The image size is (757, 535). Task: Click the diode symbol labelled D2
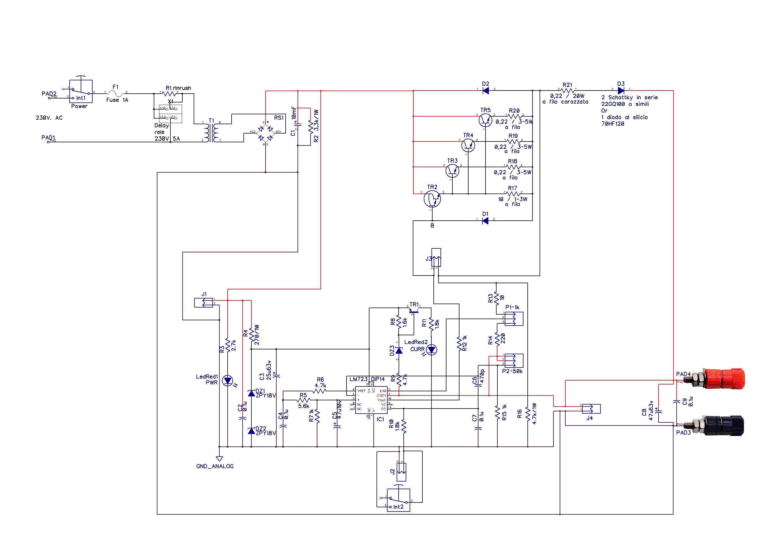coord(486,91)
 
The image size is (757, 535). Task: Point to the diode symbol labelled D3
coord(621,91)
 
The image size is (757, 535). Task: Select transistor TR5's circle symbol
coord(485,120)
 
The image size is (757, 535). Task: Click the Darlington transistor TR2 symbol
coord(432,199)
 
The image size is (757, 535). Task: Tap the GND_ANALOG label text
coord(215,466)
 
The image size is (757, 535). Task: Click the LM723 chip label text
coord(358,379)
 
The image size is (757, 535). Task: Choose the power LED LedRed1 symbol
coord(228,381)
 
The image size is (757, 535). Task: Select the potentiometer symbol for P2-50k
coord(513,360)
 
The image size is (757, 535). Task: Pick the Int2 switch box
coord(398,500)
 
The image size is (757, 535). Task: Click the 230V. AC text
coord(49,118)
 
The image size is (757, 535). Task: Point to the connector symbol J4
coord(591,409)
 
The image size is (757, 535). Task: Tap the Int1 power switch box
coord(81,91)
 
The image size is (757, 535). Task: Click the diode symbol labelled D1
coord(485,221)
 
